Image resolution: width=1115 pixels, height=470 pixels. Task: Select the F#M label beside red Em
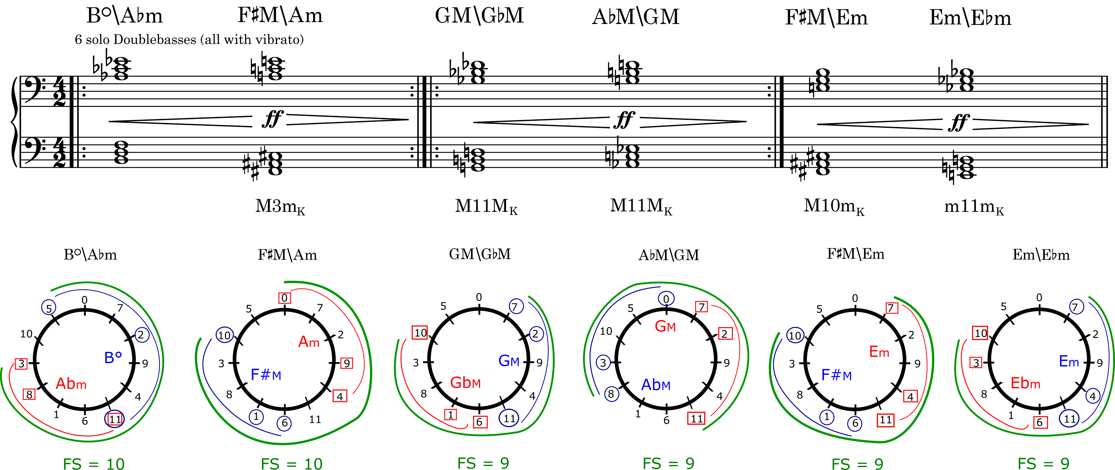point(836,375)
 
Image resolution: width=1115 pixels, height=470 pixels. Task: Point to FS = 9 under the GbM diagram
point(483,464)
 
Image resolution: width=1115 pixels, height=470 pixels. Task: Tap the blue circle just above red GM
point(666,298)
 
